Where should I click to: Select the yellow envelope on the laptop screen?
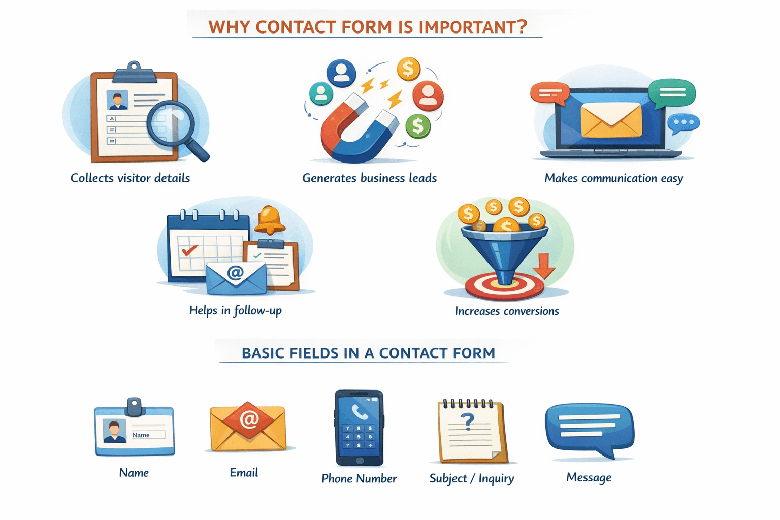pos(611,119)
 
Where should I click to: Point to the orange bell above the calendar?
pos(269,220)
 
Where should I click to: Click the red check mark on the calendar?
pos(189,250)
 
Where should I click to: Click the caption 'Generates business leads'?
pos(369,178)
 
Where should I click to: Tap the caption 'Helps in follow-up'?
pos(235,310)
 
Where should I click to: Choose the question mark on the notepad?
pos(467,420)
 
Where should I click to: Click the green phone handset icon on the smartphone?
pos(359,412)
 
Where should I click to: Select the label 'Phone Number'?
pos(359,478)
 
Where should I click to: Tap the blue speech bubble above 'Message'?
pos(589,429)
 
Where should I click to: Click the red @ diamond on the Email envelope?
pos(249,419)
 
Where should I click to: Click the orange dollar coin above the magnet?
pos(409,69)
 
